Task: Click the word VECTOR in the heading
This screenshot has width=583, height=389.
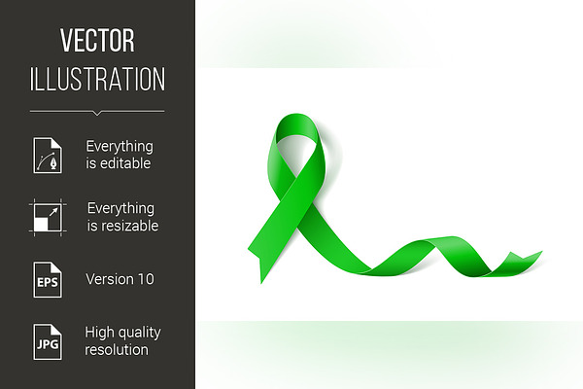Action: [x=97, y=40]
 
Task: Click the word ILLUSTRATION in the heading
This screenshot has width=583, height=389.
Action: [x=97, y=79]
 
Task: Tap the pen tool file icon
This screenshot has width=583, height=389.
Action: [x=48, y=156]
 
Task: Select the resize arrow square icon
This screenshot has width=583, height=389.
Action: [x=48, y=218]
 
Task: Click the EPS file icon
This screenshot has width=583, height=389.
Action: [x=48, y=279]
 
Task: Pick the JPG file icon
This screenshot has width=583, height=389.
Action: [x=48, y=341]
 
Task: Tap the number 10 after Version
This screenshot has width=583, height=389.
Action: [x=146, y=279]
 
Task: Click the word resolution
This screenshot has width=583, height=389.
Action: [x=117, y=350]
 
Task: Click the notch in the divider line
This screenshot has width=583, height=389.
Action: [x=97, y=113]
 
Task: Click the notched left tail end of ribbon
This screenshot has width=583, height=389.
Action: [x=257, y=257]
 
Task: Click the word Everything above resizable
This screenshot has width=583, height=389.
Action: [x=120, y=209]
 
